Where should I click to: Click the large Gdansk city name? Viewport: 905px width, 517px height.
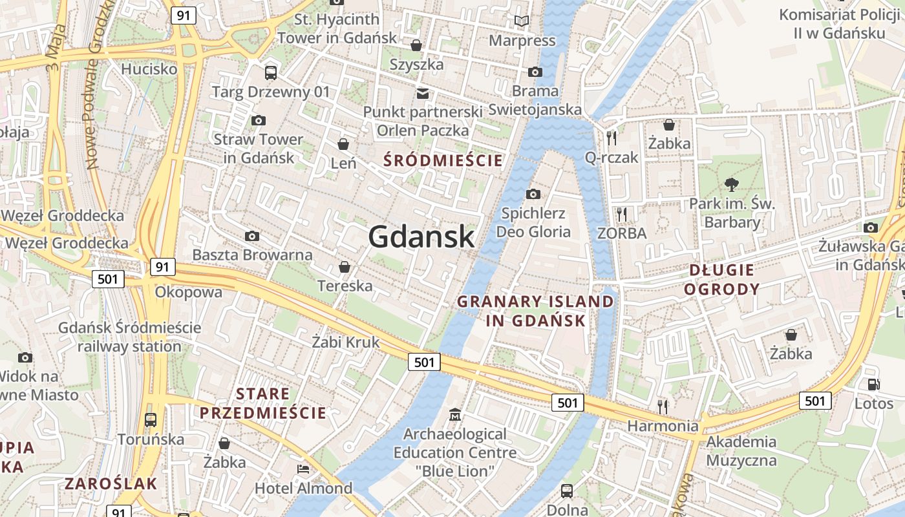pos(421,237)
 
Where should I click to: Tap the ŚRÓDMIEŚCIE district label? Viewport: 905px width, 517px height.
pos(443,160)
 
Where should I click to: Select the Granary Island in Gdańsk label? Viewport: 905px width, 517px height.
pos(536,311)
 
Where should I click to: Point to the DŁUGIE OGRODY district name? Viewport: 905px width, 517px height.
pos(722,279)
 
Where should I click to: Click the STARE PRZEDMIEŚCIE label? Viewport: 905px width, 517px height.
pos(263,403)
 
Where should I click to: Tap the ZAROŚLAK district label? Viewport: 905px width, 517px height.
pos(111,483)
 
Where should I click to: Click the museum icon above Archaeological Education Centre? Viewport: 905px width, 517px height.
pos(455,414)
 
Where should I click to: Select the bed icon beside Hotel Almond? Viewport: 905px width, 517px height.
pos(303,468)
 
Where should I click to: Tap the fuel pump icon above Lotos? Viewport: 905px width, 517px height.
pos(873,385)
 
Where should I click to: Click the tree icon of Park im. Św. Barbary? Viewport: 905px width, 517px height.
pos(732,185)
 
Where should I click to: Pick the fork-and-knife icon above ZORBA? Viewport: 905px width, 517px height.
pos(622,214)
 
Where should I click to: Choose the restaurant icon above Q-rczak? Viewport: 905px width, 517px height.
pos(612,138)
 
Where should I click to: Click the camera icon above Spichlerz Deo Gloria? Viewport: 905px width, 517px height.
pos(533,194)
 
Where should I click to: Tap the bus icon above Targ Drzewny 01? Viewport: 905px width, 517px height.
pos(271,73)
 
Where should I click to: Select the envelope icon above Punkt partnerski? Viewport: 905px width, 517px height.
pos(423,94)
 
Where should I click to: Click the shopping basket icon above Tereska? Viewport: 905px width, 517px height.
pos(345,267)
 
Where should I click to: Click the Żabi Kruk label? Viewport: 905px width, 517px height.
pos(346,342)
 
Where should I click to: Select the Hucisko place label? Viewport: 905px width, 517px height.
pos(149,69)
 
